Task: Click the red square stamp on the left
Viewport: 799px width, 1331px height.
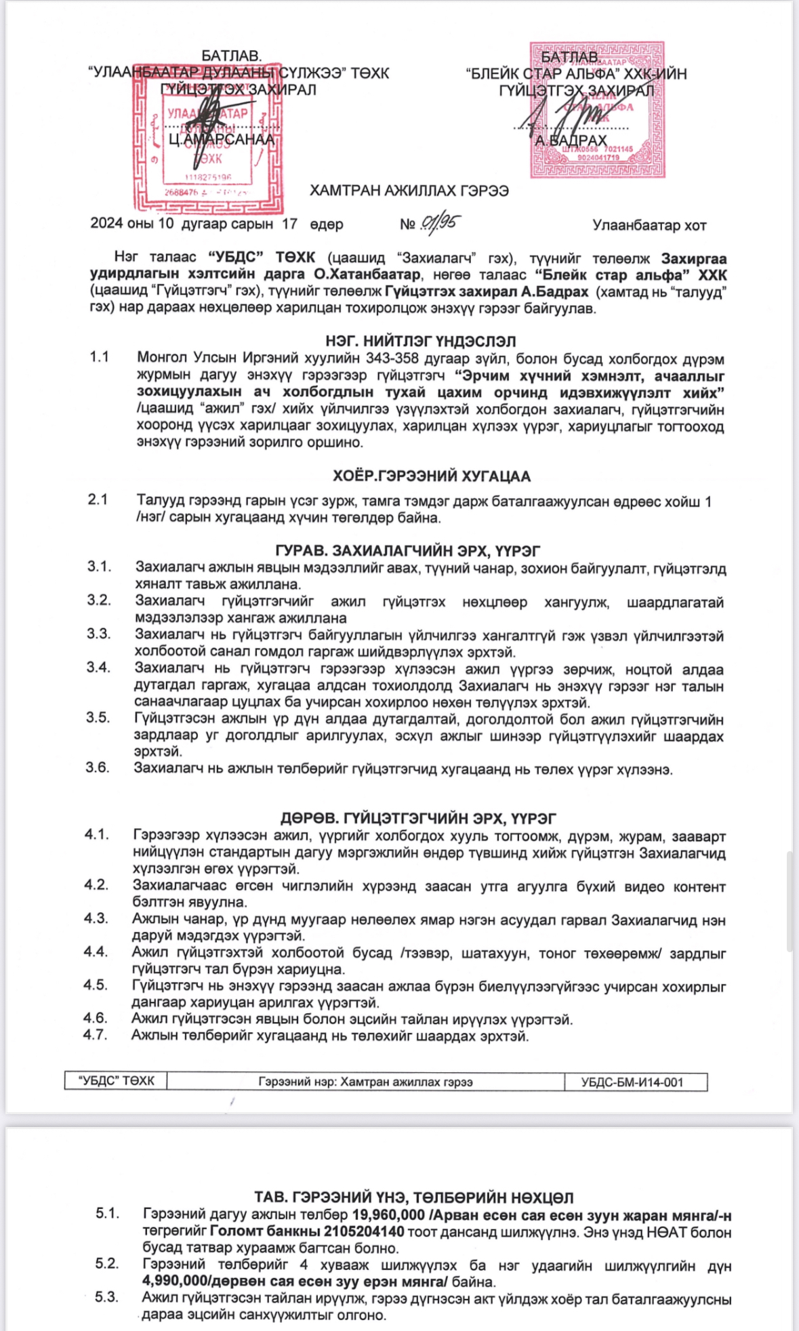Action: pos(206,140)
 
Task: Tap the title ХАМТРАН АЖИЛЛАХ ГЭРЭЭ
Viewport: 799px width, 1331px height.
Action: pos(409,191)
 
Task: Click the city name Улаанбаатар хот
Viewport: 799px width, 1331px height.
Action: pos(649,226)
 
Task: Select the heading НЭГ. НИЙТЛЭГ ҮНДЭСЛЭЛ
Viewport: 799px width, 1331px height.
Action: pos(420,342)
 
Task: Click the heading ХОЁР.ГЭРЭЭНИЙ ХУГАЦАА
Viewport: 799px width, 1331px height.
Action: pos(431,476)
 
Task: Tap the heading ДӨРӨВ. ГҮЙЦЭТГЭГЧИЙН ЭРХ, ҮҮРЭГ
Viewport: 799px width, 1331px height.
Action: pos(418,819)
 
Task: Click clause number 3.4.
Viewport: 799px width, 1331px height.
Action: pos(98,668)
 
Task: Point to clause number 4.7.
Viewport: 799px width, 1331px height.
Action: pos(96,1035)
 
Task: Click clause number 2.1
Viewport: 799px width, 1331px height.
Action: pos(98,500)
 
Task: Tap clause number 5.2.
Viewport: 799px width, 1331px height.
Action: pos(106,1263)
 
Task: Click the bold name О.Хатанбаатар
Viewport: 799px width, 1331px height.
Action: pos(367,275)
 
